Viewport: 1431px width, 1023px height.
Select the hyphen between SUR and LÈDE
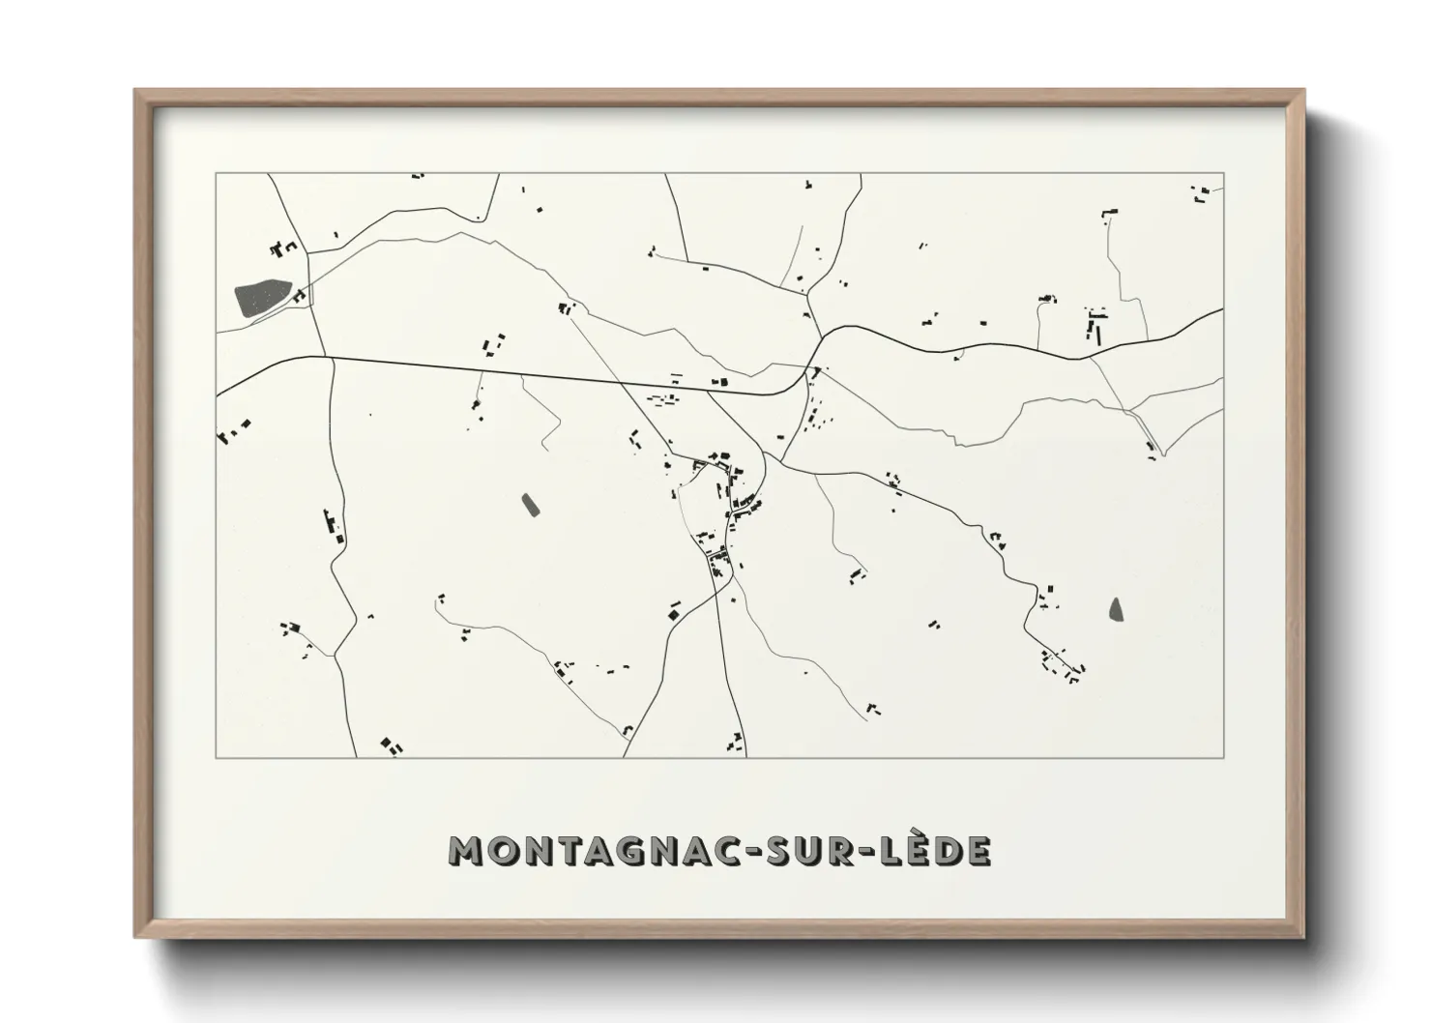click(868, 852)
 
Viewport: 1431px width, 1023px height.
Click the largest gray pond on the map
click(262, 298)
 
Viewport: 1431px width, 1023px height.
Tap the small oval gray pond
click(529, 505)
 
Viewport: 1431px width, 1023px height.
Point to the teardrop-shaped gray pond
click(1118, 609)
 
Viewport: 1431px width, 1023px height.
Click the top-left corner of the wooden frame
click(135, 91)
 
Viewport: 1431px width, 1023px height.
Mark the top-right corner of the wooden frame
click(1304, 91)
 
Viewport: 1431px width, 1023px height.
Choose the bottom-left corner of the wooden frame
click(135, 936)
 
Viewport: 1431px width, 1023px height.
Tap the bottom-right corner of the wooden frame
click(1304, 936)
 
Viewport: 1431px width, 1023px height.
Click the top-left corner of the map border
click(216, 174)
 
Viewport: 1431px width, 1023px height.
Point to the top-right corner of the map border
click(1224, 174)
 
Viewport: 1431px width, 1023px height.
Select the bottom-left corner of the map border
click(216, 757)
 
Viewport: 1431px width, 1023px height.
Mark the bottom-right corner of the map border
click(1224, 757)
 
